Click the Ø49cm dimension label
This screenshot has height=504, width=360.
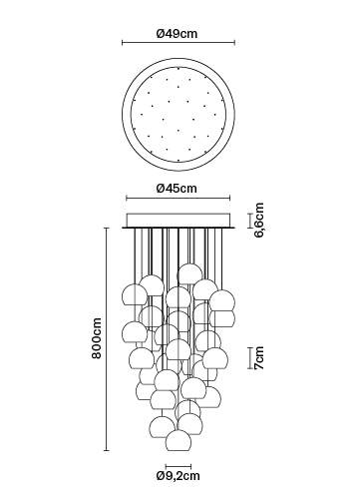coord(177,33)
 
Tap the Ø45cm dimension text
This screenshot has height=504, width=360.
coord(177,189)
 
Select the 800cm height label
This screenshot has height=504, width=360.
coord(97,338)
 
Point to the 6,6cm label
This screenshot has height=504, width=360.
coord(258,221)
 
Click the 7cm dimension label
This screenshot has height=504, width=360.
coord(258,358)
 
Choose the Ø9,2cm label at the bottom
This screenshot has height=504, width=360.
coord(179,476)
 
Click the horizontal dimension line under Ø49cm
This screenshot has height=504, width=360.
coord(179,43)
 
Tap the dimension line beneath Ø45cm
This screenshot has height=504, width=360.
coord(179,199)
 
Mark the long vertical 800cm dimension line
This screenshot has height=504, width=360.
coord(107,339)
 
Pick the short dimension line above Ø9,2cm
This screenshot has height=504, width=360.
coord(179,466)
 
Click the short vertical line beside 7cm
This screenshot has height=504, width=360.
coord(250,358)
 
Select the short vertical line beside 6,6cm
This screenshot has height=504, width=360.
coord(250,221)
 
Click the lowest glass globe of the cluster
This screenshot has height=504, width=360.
coord(179,441)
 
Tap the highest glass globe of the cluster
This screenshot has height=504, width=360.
coord(189,274)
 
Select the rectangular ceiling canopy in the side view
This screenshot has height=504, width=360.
coord(179,221)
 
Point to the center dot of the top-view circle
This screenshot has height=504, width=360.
coord(179,115)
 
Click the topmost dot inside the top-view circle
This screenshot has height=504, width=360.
coord(179,69)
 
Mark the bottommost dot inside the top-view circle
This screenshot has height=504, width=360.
coord(179,160)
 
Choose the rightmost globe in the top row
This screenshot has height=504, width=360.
coord(222,300)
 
